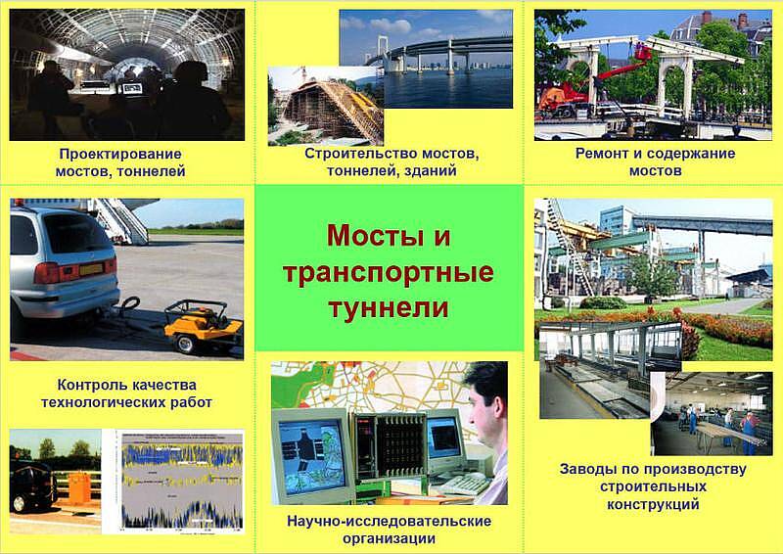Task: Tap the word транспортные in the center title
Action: [x=389, y=273]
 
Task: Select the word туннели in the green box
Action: [x=389, y=307]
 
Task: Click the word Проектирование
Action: [x=119, y=155]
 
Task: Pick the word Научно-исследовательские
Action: [x=389, y=521]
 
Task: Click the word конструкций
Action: [x=653, y=504]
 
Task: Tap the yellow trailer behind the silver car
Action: [x=204, y=325]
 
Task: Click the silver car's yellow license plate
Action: [x=91, y=269]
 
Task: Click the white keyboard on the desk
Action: [x=464, y=485]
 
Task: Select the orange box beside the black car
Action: [x=79, y=487]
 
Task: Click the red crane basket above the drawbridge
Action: [x=643, y=52]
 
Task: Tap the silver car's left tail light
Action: [x=46, y=273]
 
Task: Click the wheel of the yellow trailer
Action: [x=186, y=345]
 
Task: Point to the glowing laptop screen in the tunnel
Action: [x=132, y=88]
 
